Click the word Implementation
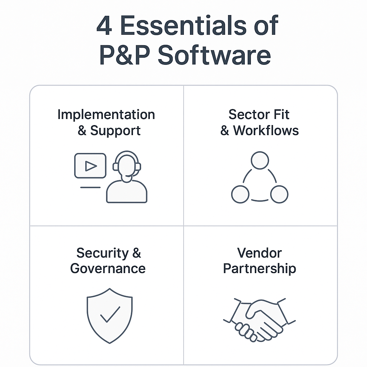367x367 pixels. point(106,115)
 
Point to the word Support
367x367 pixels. point(115,130)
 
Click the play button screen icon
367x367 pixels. point(90,166)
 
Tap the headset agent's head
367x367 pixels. point(127,165)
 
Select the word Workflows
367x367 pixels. point(266,130)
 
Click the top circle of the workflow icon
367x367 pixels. point(260,161)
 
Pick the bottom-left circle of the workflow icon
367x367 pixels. point(240,195)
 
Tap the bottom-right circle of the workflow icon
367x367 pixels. point(279,195)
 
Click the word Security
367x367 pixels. point(102,253)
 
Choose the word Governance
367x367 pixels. point(108,268)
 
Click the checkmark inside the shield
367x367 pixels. point(110,314)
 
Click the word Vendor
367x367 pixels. point(259,253)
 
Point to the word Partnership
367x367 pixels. point(259,268)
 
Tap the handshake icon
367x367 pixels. point(259,319)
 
